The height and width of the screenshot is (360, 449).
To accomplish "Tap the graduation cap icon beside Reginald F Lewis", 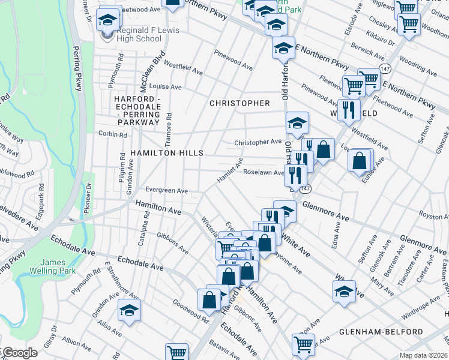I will (109, 20).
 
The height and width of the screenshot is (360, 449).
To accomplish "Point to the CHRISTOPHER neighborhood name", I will (240, 103).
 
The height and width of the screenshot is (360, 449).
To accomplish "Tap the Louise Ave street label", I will (165, 86).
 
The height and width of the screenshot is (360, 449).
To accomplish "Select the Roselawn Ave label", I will (263, 172).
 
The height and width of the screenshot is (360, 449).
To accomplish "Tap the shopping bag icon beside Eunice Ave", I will (360, 161).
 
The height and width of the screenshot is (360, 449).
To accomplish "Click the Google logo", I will (20, 353).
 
